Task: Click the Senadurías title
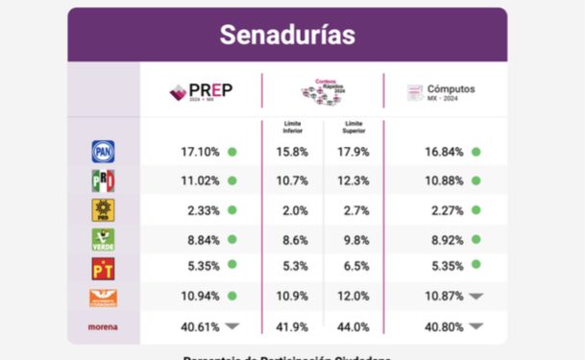coord(286,36)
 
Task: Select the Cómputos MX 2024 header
coord(441,92)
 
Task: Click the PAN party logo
coord(103,152)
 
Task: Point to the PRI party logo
coord(103,180)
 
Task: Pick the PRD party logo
coord(103,210)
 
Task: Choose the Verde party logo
coord(103,239)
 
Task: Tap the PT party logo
coord(103,268)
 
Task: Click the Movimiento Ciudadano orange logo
coord(103,298)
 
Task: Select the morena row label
coord(103,326)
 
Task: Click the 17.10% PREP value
coord(200,152)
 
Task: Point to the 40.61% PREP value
coord(200,326)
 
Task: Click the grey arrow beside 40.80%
coord(476,326)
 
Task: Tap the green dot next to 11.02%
coord(232,180)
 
